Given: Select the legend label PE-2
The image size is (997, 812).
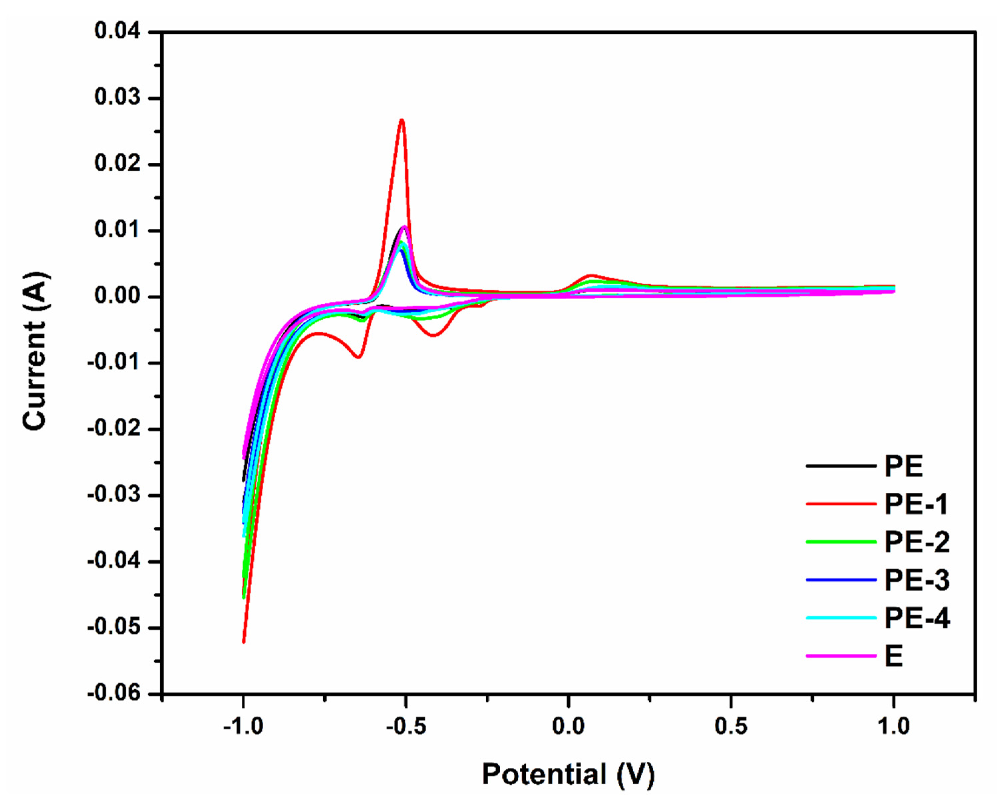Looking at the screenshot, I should pos(917,542).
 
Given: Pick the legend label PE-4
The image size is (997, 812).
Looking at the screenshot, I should pos(917,618).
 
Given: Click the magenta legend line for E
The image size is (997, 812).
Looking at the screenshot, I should pos(840,656).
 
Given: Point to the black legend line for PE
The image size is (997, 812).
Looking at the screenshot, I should pos(840,466).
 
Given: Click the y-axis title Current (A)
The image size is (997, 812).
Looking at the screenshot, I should pos(35,350).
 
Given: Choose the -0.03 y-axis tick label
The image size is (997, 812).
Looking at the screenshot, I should pos(114,495).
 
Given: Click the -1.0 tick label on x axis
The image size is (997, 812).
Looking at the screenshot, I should pos(243,727).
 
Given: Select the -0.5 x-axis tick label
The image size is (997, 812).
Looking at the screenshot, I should pos(405,727).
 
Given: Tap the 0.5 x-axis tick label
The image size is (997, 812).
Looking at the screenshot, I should pos(731,727).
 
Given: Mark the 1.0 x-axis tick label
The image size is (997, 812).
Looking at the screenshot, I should pos(893,727).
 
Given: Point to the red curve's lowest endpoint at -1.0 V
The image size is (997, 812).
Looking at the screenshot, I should pos(243,642).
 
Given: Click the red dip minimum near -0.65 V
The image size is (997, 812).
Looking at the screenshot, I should pos(358,357).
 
